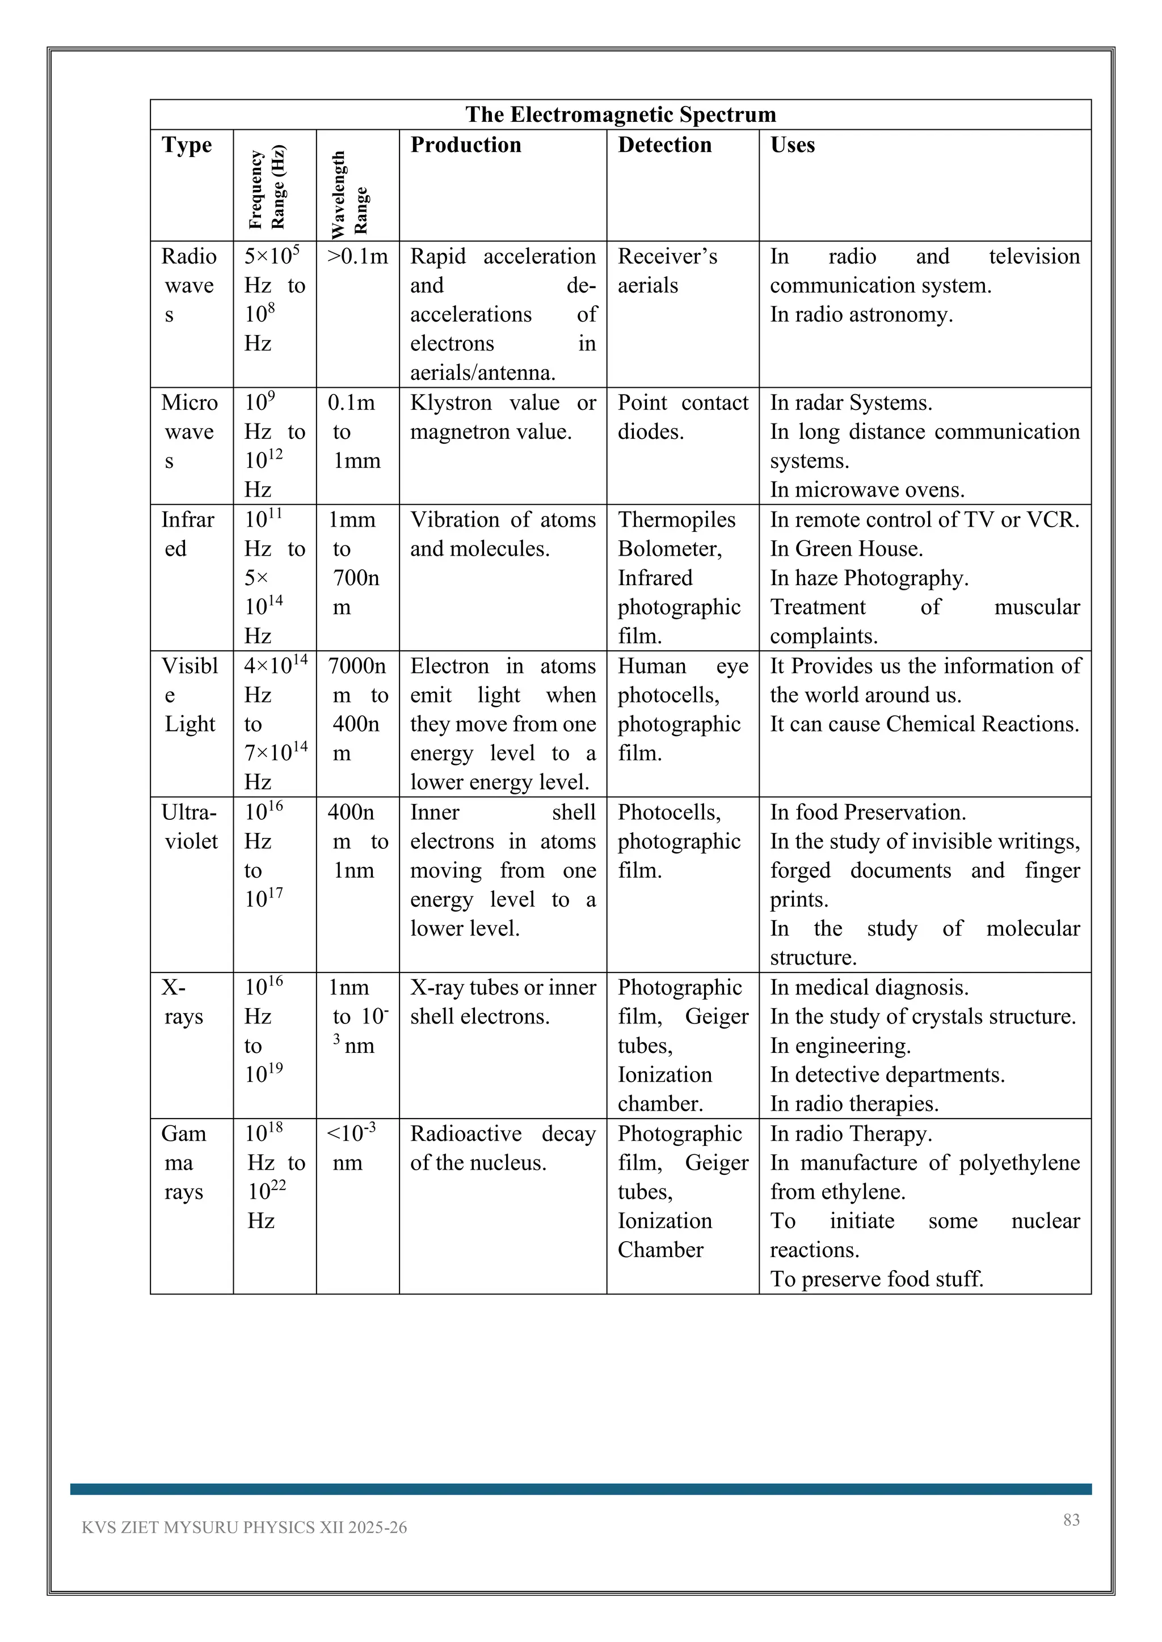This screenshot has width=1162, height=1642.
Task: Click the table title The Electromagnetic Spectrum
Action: (x=620, y=115)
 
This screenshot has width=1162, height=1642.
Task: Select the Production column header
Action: (x=465, y=145)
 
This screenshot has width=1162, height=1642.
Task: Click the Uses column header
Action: (x=792, y=145)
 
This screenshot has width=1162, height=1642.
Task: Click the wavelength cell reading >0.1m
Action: (x=357, y=257)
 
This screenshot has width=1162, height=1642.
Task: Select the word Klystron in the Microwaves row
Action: (x=451, y=403)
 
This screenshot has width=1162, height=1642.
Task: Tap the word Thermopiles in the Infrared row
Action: (x=676, y=520)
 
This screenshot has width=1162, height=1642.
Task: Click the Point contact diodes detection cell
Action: (x=682, y=417)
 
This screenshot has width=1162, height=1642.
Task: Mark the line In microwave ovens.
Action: (x=866, y=490)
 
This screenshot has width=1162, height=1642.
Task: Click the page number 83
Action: (x=1071, y=1520)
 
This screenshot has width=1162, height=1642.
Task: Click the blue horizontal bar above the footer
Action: (x=580, y=1489)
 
